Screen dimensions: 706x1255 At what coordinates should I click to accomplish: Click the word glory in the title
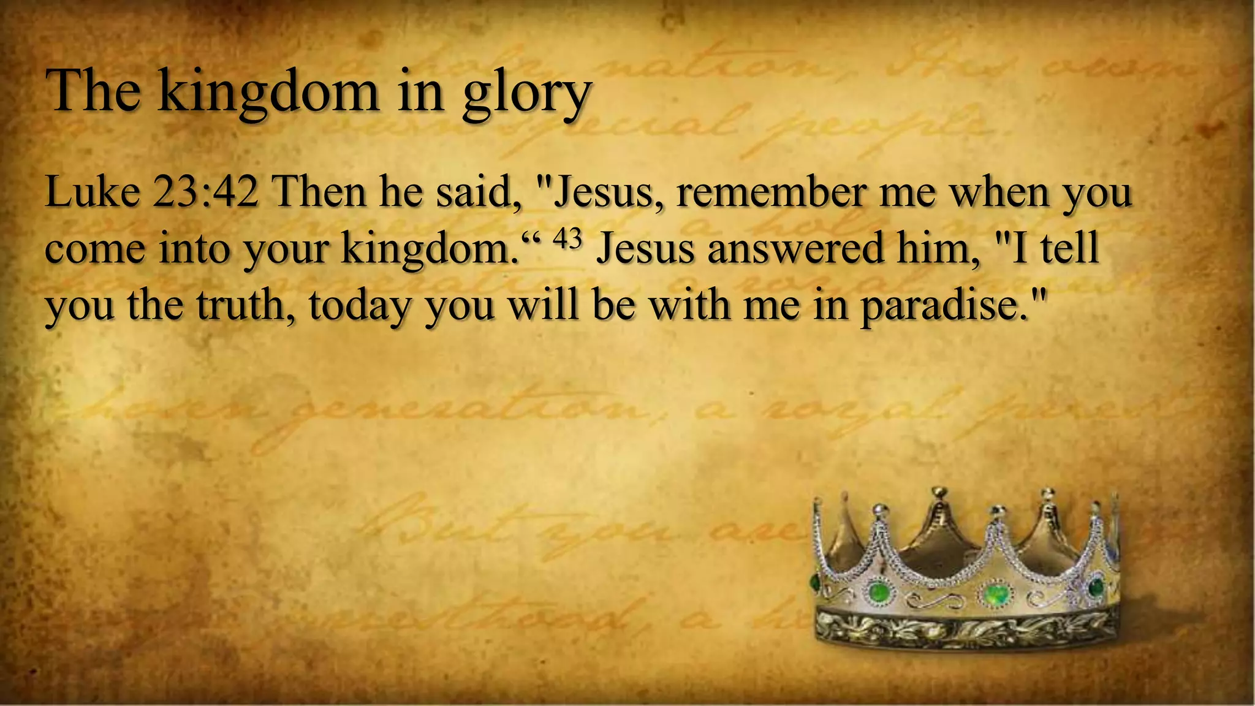(526, 93)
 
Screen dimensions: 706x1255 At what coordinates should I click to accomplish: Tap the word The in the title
(93, 91)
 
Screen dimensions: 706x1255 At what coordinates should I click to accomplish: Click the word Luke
(92, 192)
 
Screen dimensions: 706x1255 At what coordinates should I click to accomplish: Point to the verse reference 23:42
(205, 192)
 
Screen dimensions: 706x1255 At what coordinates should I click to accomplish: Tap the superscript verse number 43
(567, 239)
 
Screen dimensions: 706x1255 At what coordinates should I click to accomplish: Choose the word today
(360, 306)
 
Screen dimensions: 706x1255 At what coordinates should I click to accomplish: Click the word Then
(319, 192)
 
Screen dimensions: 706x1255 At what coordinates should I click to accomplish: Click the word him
(938, 248)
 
